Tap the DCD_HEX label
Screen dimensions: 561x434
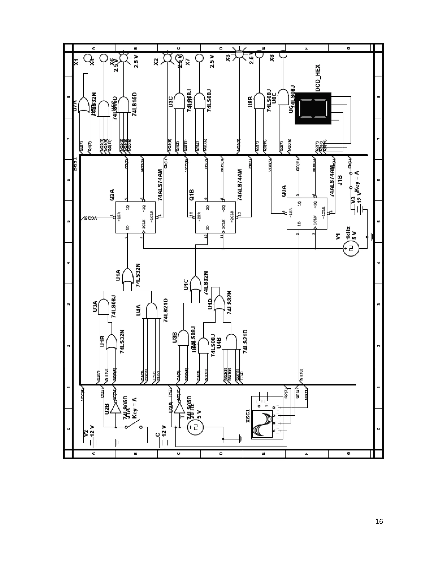(x=317, y=78)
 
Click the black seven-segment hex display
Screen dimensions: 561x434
(x=313, y=108)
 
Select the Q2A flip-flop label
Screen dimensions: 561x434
(x=112, y=195)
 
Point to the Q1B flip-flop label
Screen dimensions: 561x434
(x=192, y=195)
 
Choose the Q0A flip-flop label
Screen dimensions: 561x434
(x=284, y=191)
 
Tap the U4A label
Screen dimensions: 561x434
(x=138, y=310)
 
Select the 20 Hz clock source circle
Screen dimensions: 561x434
(x=195, y=427)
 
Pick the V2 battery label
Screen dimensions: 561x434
(x=86, y=433)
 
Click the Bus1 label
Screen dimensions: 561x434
(x=75, y=164)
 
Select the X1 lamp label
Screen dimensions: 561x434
(x=76, y=62)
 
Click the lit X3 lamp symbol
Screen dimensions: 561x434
(x=239, y=54)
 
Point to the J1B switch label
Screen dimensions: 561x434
(x=339, y=180)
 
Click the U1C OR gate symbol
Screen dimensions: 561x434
(x=195, y=284)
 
